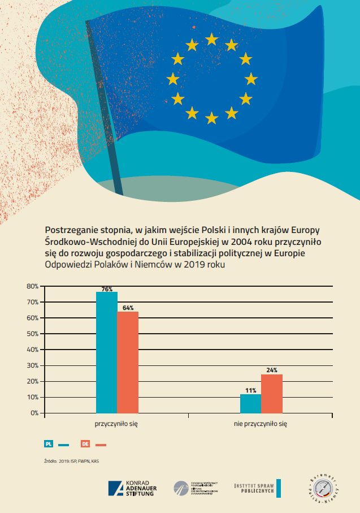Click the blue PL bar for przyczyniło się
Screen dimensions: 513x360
(x=107, y=352)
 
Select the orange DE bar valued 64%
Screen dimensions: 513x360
(x=128, y=362)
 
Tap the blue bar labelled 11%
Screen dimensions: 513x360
(x=250, y=403)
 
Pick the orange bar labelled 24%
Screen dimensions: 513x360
(x=271, y=393)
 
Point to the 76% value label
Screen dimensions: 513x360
(x=107, y=289)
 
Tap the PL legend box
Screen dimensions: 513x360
(x=49, y=444)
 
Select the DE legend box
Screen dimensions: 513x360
(x=85, y=444)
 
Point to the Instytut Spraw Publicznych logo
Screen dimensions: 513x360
(x=257, y=488)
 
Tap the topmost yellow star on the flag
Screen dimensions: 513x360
(x=212, y=38)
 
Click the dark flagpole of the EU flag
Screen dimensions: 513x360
(x=105, y=107)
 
